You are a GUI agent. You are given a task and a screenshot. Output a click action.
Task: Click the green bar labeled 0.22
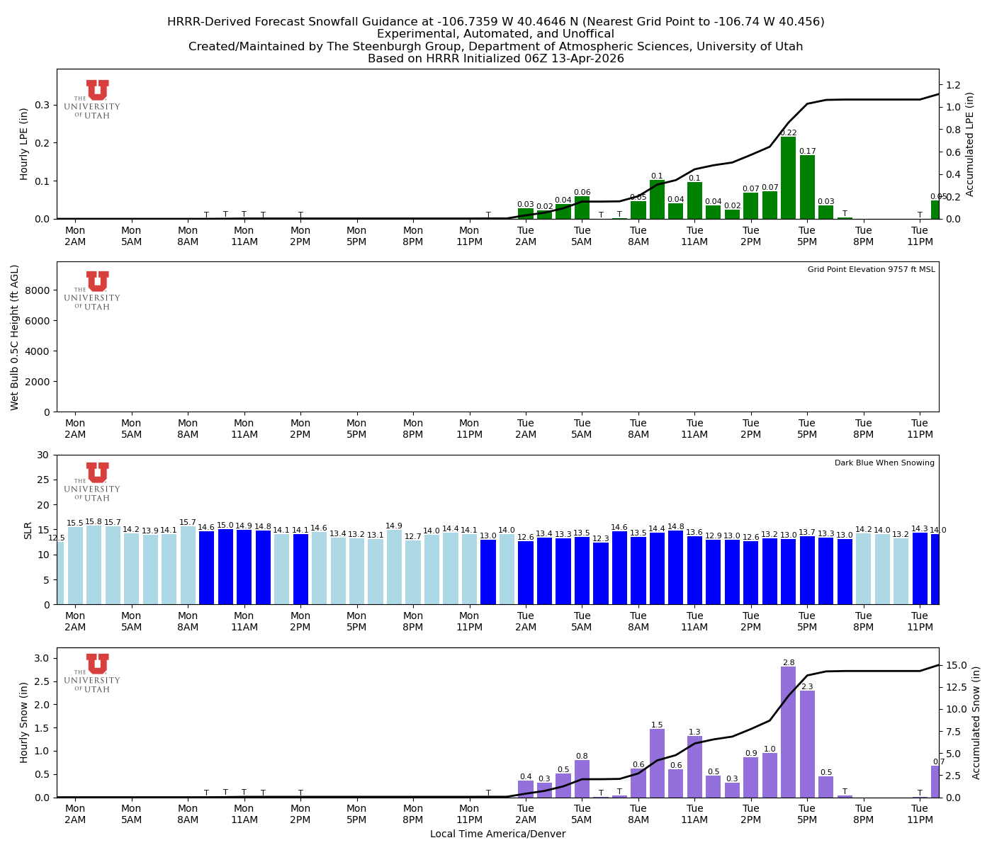(788, 178)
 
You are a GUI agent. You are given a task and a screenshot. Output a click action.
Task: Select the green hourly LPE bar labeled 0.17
(807, 188)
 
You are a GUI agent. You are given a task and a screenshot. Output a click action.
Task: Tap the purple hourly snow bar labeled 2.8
(788, 732)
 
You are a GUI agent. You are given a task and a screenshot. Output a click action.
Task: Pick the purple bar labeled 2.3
(807, 744)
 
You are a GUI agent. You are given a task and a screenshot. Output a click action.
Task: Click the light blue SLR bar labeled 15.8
(94, 565)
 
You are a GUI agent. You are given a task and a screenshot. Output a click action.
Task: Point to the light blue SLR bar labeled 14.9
(394, 567)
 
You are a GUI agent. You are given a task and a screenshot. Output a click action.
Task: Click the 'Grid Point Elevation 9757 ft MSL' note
(871, 270)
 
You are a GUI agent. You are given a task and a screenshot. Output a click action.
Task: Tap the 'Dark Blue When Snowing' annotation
(884, 463)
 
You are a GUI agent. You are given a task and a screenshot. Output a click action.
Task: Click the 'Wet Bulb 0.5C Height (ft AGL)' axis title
(15, 337)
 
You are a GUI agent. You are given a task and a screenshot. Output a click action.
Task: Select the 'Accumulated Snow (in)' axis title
(976, 722)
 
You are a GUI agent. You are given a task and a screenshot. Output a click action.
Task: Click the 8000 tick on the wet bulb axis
(39, 290)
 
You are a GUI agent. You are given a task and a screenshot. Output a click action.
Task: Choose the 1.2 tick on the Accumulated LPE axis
(954, 85)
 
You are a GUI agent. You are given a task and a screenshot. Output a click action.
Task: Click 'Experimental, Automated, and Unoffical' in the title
(495, 34)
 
